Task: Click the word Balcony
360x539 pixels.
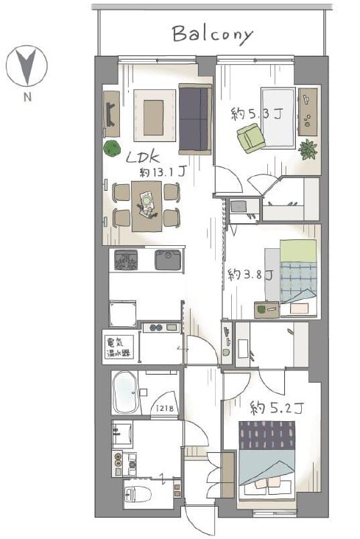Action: (213, 35)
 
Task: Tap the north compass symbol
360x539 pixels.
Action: (27, 66)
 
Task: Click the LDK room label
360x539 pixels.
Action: (143, 158)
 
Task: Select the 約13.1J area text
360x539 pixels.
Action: (163, 172)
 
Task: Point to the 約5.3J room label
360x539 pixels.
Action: (256, 113)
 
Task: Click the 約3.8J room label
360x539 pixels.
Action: (250, 275)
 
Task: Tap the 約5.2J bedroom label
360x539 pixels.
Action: (277, 409)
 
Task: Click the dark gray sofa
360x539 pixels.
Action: (195, 119)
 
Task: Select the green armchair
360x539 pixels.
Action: (250, 138)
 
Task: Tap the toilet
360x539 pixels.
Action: (138, 495)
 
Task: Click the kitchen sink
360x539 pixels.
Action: (168, 260)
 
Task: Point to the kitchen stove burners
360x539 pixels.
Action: (126, 260)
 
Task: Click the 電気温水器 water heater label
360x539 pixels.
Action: (119, 348)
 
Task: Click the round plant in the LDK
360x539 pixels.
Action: (112, 149)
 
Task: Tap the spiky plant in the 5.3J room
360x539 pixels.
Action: (308, 149)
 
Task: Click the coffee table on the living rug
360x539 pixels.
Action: (153, 118)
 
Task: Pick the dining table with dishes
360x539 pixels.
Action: (147, 206)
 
